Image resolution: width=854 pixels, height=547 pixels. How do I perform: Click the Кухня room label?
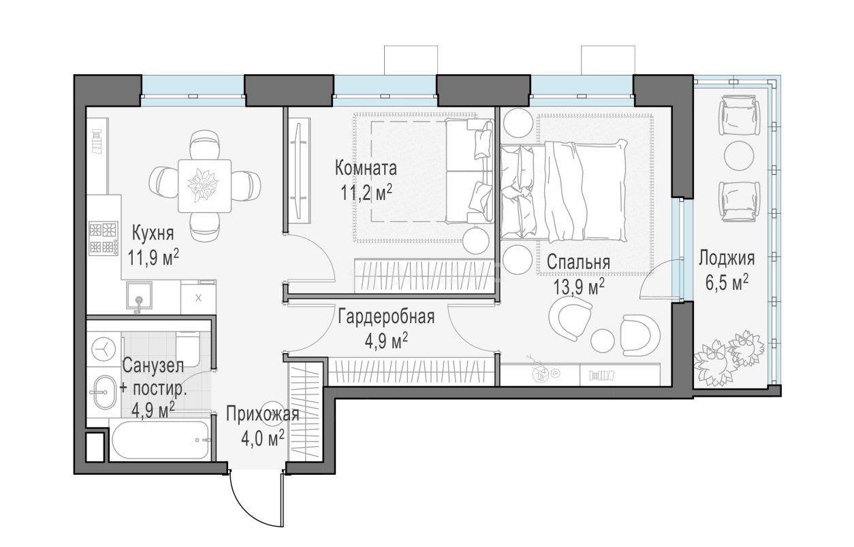tap(153, 233)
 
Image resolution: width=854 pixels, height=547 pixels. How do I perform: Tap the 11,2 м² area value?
tap(366, 193)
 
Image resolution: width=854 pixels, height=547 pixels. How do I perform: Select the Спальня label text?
tap(578, 263)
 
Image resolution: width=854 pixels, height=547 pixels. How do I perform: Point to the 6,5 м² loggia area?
tap(727, 283)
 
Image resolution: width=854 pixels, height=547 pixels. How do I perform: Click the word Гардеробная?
tap(386, 317)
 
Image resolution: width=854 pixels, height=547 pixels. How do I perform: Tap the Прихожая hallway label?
tap(263, 414)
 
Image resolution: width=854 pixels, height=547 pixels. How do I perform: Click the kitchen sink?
tap(139, 296)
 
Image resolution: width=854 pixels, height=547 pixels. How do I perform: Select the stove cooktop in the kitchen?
tap(104, 238)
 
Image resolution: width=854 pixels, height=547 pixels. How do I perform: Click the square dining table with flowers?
tap(204, 186)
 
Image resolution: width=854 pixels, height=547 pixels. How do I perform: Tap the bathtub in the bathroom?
tap(160, 440)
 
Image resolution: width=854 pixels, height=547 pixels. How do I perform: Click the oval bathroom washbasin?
tap(104, 393)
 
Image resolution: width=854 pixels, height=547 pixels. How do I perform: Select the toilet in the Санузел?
tap(187, 350)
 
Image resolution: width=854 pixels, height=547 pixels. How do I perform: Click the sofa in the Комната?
tap(470, 171)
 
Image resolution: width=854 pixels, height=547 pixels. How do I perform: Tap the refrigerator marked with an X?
tap(198, 297)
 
